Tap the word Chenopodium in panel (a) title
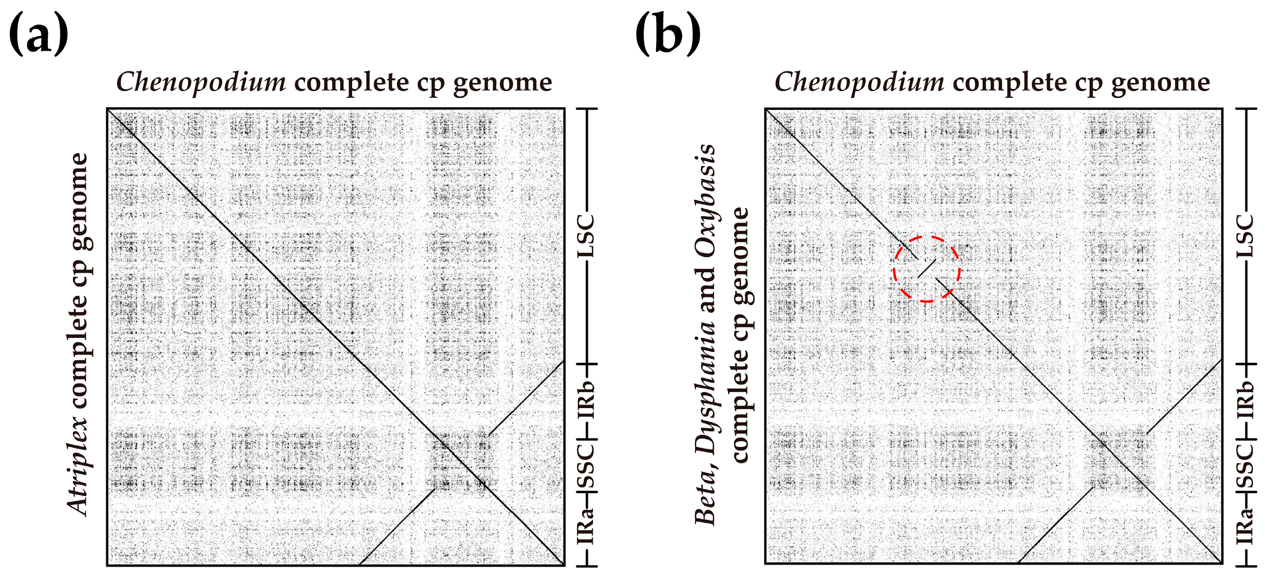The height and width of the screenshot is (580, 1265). pyautogui.click(x=201, y=82)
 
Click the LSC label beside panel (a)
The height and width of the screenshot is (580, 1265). pyautogui.click(x=586, y=236)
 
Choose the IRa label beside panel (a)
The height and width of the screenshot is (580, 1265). pyautogui.click(x=586, y=526)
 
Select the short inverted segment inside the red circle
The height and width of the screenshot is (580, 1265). pyautogui.click(x=927, y=268)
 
